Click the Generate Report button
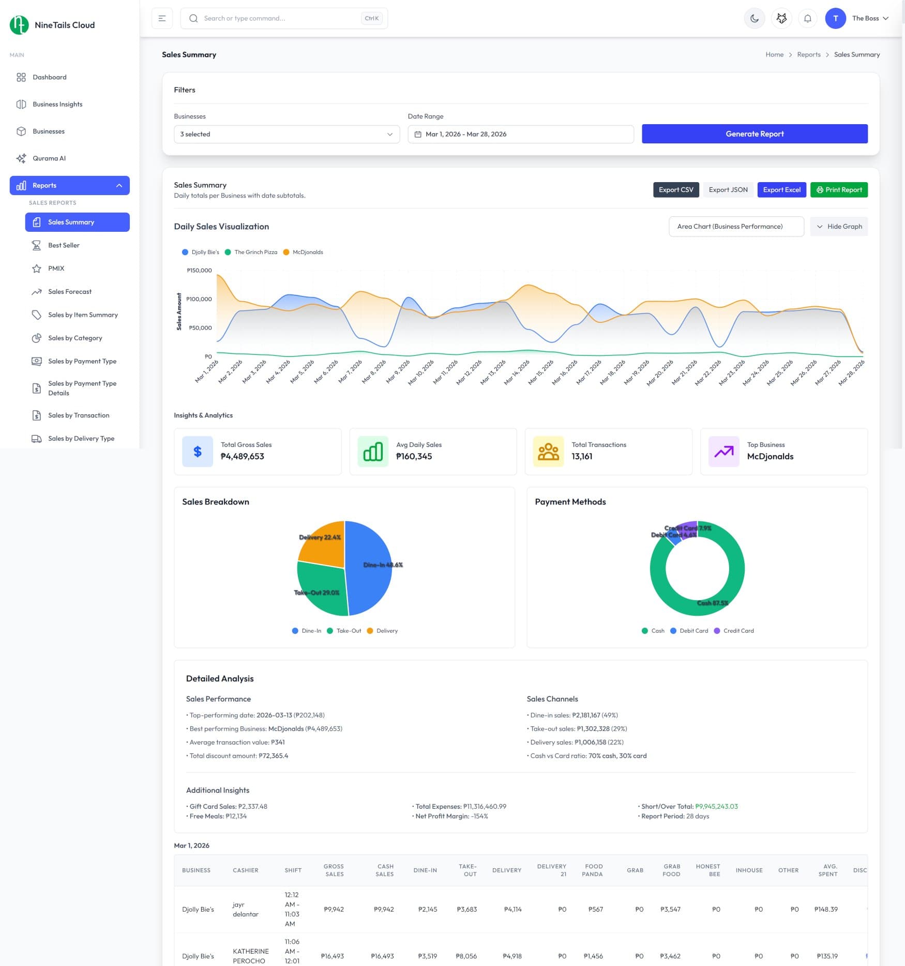click(x=754, y=134)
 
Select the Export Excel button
click(x=781, y=190)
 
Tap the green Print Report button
click(x=838, y=190)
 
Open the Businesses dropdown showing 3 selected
click(x=286, y=135)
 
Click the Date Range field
click(x=520, y=135)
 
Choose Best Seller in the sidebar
click(x=64, y=245)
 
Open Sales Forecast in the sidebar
click(x=70, y=292)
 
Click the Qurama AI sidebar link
click(x=49, y=158)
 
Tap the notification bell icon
click(x=807, y=19)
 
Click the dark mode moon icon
click(x=754, y=19)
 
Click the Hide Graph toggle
click(x=838, y=227)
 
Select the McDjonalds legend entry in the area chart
click(x=307, y=252)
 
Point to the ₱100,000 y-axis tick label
click(x=199, y=299)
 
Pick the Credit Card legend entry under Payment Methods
click(x=738, y=631)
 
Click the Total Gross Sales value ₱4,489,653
click(x=242, y=456)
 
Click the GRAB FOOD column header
click(x=671, y=870)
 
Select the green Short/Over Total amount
click(x=716, y=806)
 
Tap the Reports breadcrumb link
click(x=808, y=55)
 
